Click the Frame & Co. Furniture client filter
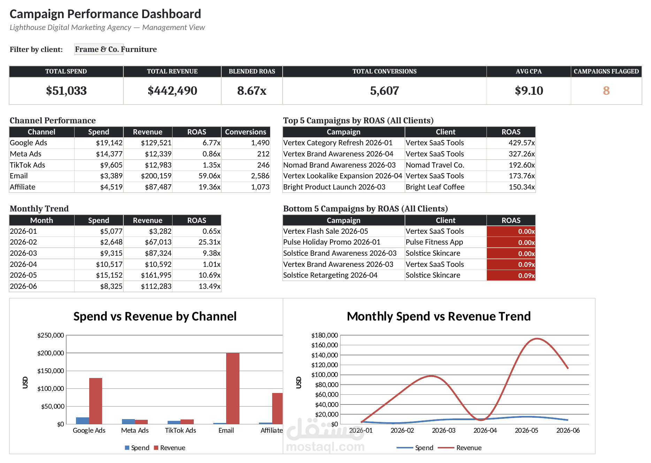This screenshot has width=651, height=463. pos(116,49)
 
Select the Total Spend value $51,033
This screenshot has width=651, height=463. pos(66,91)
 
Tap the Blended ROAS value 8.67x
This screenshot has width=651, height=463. pos(252,91)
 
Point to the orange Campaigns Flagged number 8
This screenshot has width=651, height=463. pos(606,91)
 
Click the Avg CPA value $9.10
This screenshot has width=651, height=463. pos(529,91)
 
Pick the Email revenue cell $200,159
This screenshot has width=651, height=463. pos(156,176)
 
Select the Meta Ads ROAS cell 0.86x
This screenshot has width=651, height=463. pos(212,154)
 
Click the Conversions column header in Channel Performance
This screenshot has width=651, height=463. pos(245,132)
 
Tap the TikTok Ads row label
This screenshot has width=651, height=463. pos(28,165)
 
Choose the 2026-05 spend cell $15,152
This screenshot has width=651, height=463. pos(109,275)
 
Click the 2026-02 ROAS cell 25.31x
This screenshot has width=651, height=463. pos(209,242)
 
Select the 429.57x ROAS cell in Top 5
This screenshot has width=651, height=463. pos(522,143)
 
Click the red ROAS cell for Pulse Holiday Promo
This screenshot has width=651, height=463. pos(511,242)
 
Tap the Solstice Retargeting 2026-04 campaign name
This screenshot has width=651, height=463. pos(330,275)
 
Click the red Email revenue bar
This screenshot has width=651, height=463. pos(233,388)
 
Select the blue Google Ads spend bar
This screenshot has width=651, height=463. pos(83,420)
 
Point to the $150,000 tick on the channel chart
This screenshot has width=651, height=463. pos(51,371)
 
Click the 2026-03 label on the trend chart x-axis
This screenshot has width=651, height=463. pos(444,431)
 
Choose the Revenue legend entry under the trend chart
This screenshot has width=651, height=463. pos(460,448)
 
